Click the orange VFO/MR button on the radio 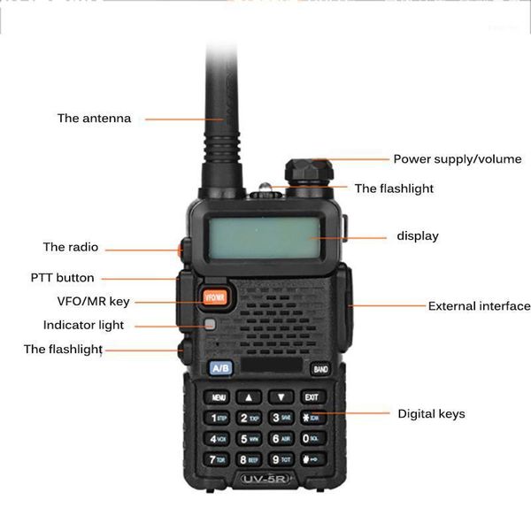click(215, 297)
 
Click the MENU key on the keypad click(219, 397)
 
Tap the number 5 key click(248, 438)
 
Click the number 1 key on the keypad click(217, 418)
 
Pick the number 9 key click(281, 459)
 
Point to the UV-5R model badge click(266, 480)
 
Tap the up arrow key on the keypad click(250, 397)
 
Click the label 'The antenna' click(94, 119)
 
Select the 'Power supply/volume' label click(457, 160)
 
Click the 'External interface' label click(479, 306)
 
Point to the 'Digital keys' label click(430, 413)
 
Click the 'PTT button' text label click(62, 278)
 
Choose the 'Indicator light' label click(83, 326)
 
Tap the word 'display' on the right click(417, 236)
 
